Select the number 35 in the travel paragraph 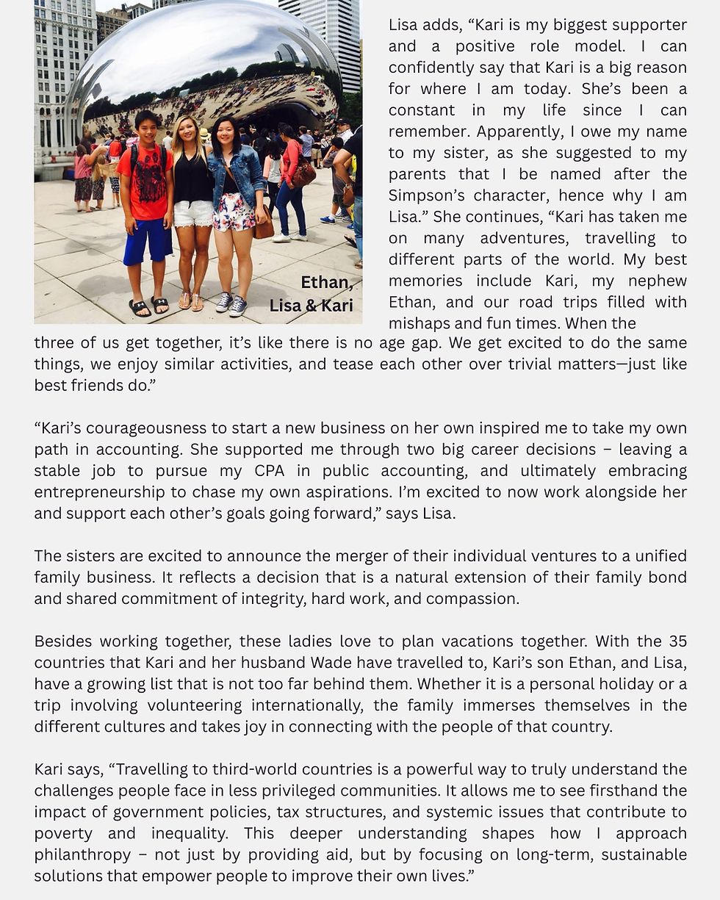click(677, 641)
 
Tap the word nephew click(661, 281)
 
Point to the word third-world click(257, 770)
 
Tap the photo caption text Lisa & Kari click(311, 306)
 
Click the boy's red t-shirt click(146, 184)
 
